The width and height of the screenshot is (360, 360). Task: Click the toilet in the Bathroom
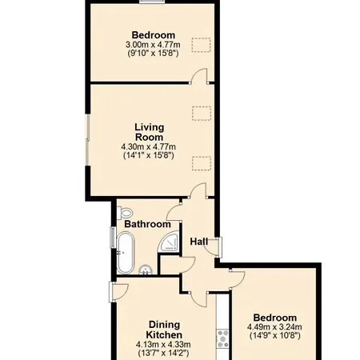pos(126,213)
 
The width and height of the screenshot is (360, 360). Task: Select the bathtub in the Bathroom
pos(126,253)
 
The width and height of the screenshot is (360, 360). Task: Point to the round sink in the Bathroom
pos(146,270)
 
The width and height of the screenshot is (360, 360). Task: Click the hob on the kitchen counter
pos(222,338)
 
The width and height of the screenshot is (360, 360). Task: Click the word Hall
pos(199,242)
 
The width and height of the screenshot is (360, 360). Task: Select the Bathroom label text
pos(147,224)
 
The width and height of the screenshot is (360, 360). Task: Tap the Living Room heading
pos(150,132)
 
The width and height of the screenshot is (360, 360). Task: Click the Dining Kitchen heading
pos(164,330)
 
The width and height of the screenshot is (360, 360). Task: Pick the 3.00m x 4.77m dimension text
pos(153,44)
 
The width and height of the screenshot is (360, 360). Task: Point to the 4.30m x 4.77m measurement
pos(149,146)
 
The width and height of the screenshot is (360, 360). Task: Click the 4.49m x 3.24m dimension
pos(274,326)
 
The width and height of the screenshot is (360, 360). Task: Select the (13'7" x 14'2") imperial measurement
pos(163,354)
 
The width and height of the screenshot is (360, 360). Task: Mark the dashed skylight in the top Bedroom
pos(201,45)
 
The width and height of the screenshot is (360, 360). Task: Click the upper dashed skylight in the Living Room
pos(202,114)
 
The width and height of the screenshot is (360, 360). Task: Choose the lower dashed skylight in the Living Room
pos(202,163)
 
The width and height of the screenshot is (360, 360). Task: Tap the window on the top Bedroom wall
pos(152,2)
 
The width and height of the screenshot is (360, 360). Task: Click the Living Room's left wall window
pos(87,140)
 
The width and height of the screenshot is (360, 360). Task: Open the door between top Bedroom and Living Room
pos(199,77)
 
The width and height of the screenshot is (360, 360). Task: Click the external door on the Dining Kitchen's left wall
pos(118,292)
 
